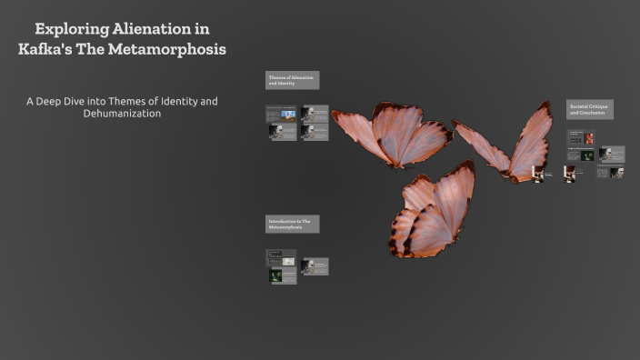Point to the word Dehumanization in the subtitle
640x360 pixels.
[x=122, y=114]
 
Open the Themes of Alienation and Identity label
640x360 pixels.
[x=292, y=80]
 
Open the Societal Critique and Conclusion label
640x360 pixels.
[x=589, y=109]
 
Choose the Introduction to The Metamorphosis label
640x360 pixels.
[x=292, y=224]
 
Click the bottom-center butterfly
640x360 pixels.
[x=432, y=211]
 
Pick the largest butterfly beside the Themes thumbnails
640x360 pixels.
[x=391, y=134]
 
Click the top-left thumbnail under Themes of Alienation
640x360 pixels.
[x=281, y=114]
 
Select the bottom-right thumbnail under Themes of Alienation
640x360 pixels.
[x=315, y=132]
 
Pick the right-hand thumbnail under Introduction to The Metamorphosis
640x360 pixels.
[x=315, y=266]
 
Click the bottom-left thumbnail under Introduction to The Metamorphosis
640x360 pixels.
[x=282, y=275]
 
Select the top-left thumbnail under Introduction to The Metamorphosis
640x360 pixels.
[x=281, y=257]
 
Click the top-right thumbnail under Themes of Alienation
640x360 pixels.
[x=315, y=114]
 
